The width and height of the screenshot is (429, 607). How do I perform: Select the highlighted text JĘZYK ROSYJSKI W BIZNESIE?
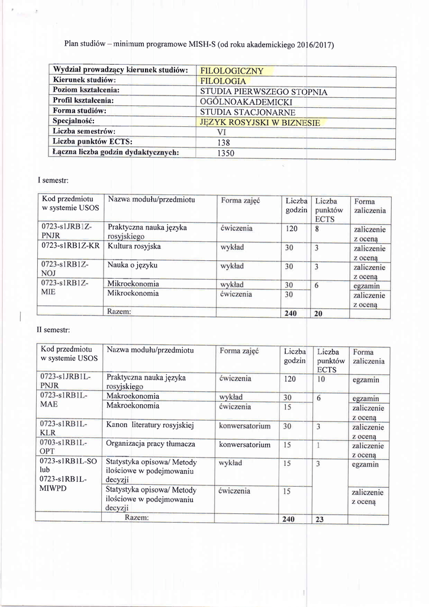260,123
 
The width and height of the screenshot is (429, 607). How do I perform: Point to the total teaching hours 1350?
224,153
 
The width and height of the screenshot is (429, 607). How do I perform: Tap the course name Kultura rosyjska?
134,246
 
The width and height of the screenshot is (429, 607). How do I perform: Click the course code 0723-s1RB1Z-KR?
70,246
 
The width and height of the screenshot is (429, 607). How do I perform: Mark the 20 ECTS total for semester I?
318,313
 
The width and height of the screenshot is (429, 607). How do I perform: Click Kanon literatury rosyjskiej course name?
151,426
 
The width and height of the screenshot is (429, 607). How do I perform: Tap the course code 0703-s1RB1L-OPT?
63,448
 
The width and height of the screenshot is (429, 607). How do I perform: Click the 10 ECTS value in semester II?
322,379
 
